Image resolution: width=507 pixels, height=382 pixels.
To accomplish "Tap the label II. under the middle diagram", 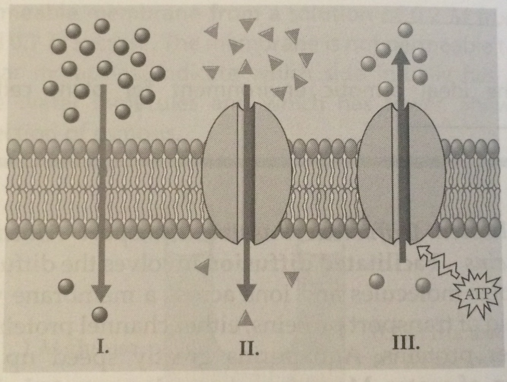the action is pos(249,348).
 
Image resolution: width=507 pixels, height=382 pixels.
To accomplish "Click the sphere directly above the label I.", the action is pos(100,314).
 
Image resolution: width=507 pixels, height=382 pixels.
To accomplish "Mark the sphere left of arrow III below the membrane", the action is pos(377,281).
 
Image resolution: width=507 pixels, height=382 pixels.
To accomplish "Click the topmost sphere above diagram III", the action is pos(405,30).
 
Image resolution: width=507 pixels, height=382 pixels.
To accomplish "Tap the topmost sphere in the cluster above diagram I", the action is pos(102,26).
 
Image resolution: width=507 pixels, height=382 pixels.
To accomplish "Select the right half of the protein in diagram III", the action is pos(426,174).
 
